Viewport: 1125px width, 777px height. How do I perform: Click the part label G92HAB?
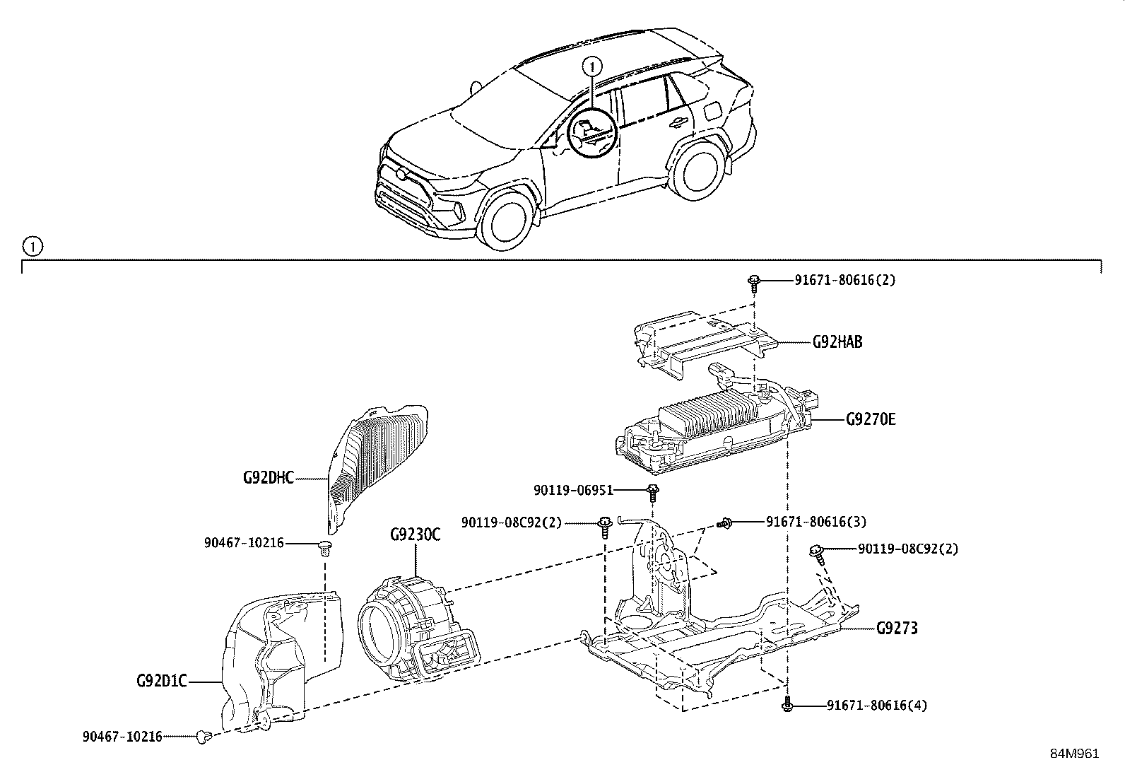(x=837, y=342)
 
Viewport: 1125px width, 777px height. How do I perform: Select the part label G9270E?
(x=871, y=419)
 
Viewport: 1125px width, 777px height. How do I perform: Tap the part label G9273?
(x=897, y=628)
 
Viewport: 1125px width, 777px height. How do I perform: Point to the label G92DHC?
(x=268, y=478)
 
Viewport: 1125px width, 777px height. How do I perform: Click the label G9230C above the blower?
(x=415, y=534)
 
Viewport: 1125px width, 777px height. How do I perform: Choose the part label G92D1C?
(x=162, y=682)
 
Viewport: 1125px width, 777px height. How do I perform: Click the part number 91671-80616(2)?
(x=844, y=280)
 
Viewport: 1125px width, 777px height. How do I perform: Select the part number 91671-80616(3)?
(x=816, y=522)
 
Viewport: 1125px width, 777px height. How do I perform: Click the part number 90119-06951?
(x=573, y=490)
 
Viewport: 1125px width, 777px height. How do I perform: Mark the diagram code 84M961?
(x=1074, y=754)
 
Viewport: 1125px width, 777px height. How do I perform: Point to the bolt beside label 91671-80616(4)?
(x=787, y=705)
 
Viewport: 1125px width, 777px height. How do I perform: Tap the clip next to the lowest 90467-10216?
(x=206, y=737)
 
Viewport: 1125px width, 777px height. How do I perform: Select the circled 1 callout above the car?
(x=591, y=66)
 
